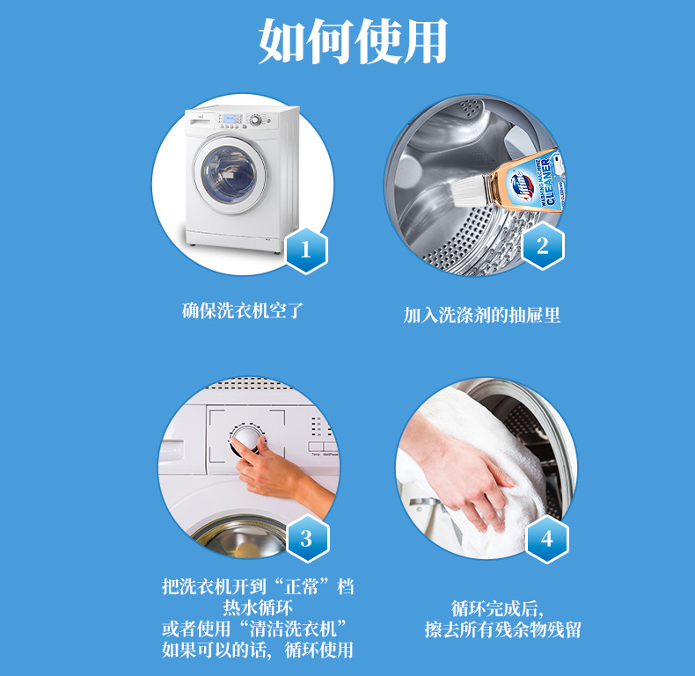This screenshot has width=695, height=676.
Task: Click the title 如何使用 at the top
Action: pyautogui.click(x=353, y=41)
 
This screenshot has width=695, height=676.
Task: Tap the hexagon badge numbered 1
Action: pyautogui.click(x=306, y=251)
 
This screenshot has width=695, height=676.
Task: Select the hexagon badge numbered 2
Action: pyautogui.click(x=543, y=246)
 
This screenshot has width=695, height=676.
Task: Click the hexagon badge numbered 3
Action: pyautogui.click(x=308, y=539)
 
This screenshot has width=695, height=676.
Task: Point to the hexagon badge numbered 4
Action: pyautogui.click(x=547, y=539)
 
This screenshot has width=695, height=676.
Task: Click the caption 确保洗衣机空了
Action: pyautogui.click(x=243, y=310)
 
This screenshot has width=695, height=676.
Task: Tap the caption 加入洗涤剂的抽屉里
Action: pyautogui.click(x=482, y=315)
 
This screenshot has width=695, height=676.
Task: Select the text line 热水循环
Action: pyautogui.click(x=258, y=607)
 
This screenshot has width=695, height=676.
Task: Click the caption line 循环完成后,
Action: pyautogui.click(x=497, y=609)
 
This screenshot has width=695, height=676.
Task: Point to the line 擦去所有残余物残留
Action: pyautogui.click(x=502, y=629)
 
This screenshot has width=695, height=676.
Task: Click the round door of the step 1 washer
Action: pyautogui.click(x=230, y=175)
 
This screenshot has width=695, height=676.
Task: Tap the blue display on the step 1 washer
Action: pyautogui.click(x=230, y=119)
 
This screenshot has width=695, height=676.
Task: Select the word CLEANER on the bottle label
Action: pyautogui.click(x=550, y=182)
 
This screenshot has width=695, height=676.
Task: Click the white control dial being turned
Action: pyautogui.click(x=248, y=439)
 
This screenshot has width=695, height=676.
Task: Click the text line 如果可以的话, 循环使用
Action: pyautogui.click(x=258, y=650)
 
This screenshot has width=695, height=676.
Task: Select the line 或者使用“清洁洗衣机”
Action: pyautogui.click(x=254, y=629)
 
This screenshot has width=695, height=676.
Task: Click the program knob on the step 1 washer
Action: pyautogui.click(x=256, y=120)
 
